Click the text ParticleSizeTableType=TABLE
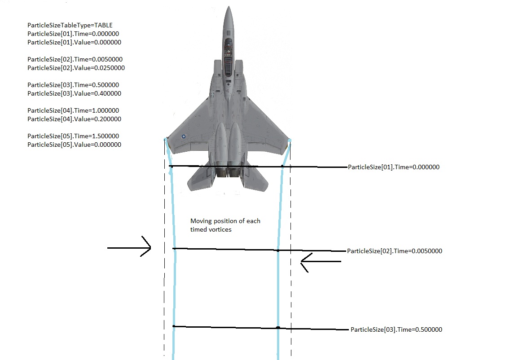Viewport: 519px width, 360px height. tap(70, 26)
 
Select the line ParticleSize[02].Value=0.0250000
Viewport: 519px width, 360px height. tap(76, 68)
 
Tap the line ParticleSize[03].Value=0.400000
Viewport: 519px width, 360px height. tap(74, 94)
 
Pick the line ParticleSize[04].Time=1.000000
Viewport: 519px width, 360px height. tap(73, 111)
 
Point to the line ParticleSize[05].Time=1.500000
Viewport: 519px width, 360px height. tap(73, 136)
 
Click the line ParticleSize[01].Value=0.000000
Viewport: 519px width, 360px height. tap(74, 42)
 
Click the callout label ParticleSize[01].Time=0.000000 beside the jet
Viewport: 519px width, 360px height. tap(394, 167)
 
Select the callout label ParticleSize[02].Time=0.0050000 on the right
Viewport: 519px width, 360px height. tap(395, 251)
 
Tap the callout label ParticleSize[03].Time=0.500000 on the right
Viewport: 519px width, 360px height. tap(396, 329)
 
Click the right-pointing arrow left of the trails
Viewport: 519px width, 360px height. tap(129, 247)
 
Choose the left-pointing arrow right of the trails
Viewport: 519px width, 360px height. tap(321, 263)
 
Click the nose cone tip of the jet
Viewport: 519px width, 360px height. tap(229, 6)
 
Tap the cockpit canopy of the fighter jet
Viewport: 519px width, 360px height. tap(229, 56)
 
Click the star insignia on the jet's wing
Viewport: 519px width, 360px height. tap(184, 136)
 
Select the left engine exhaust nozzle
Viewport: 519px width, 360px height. tap(221, 172)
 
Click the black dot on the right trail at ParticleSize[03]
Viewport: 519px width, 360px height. tap(278, 328)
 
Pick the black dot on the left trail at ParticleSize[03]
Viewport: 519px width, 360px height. tap(174, 326)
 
